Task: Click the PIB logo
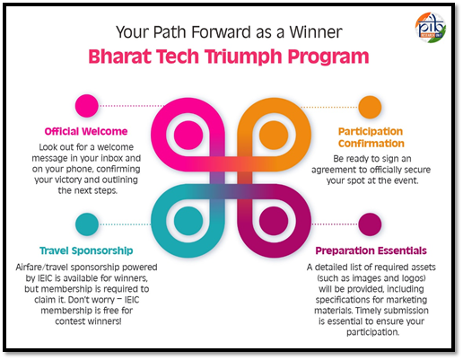(x=431, y=28)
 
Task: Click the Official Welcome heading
(x=86, y=131)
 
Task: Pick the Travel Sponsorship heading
(x=86, y=250)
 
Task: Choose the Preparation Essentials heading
(x=371, y=250)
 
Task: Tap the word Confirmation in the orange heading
(x=371, y=144)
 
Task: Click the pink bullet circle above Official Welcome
(x=87, y=106)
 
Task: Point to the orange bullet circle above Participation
(x=370, y=107)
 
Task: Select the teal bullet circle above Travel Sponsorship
(x=87, y=224)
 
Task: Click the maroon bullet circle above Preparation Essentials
(x=370, y=224)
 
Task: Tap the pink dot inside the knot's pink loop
(x=188, y=136)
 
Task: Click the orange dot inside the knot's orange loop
(x=274, y=136)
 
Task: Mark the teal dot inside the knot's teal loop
(x=188, y=221)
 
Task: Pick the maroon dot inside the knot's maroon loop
(x=274, y=221)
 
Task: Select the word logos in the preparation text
(x=414, y=278)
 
